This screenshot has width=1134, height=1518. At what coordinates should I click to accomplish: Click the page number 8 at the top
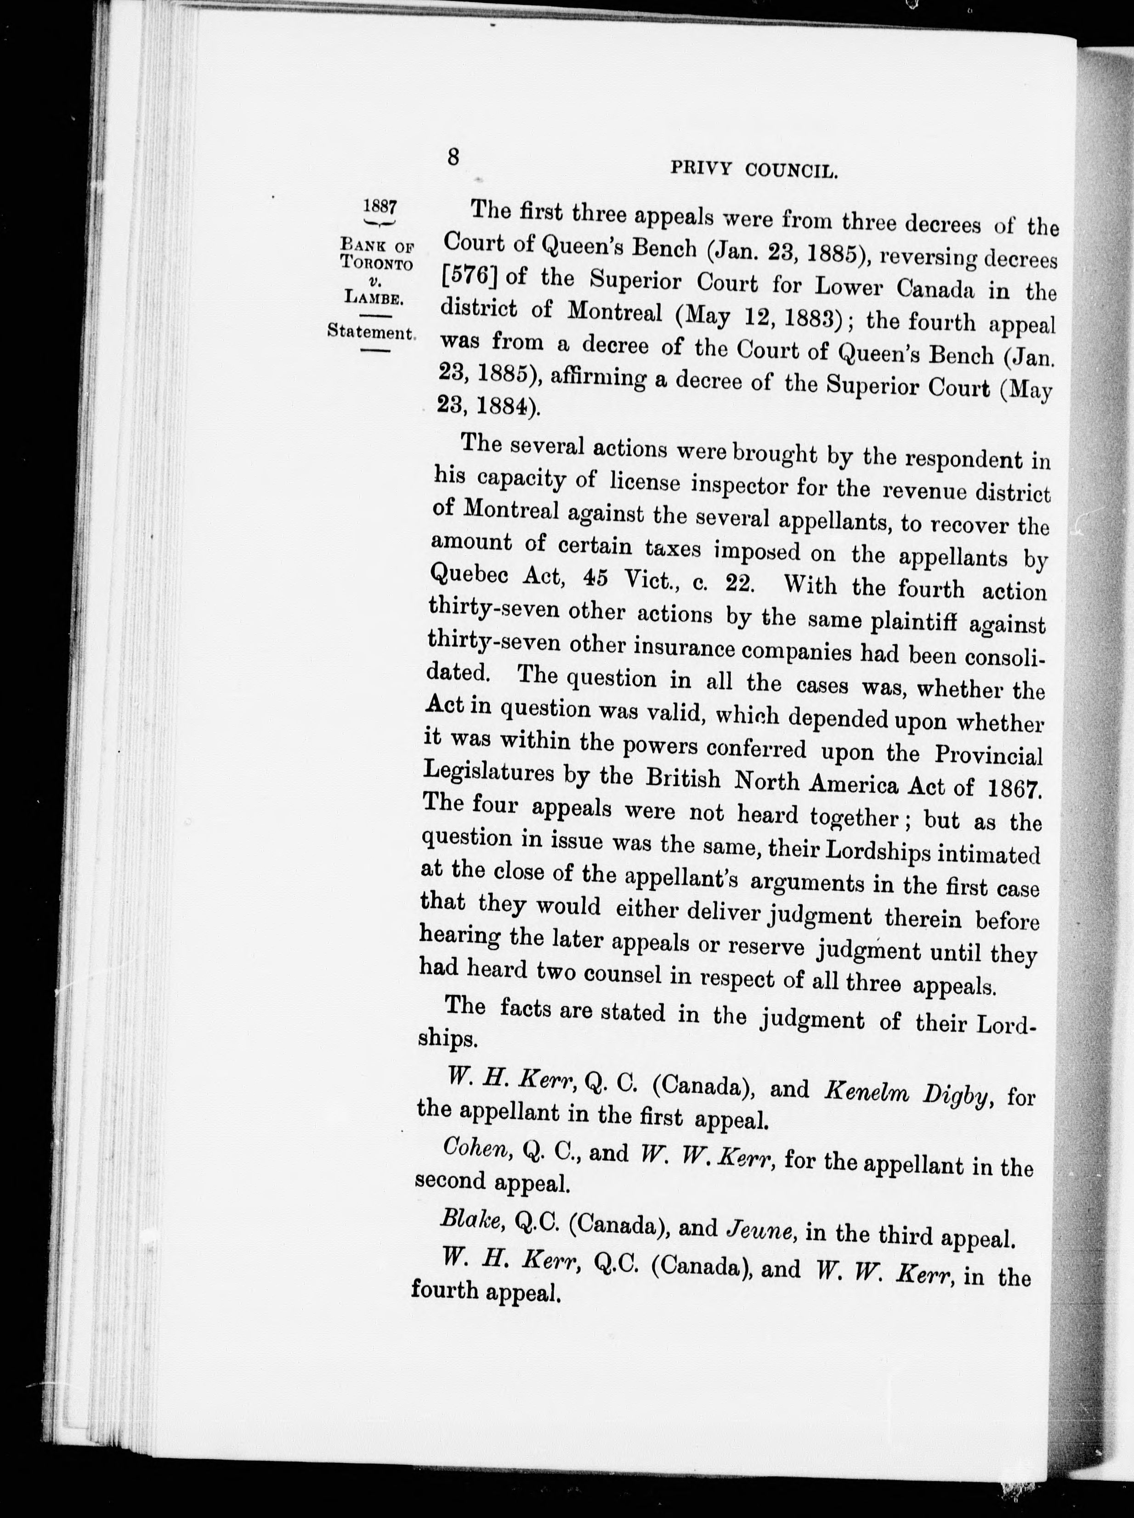pyautogui.click(x=453, y=157)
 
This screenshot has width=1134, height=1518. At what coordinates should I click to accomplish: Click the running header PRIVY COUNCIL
pyautogui.click(x=754, y=169)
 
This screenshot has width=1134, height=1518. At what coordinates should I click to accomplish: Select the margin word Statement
pyautogui.click(x=371, y=332)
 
